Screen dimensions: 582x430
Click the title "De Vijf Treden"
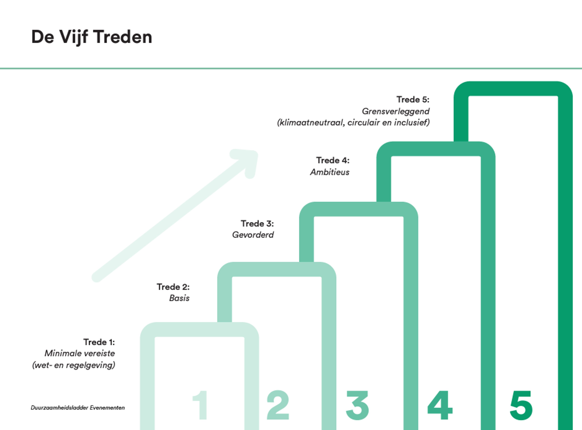(91, 37)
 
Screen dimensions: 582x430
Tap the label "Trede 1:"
(99, 342)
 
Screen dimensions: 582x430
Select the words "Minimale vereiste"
(80, 353)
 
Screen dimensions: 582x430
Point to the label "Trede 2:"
(173, 287)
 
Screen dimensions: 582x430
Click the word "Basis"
(179, 298)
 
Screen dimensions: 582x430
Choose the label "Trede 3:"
(257, 224)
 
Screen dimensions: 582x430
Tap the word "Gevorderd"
(253, 235)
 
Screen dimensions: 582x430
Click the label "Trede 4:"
(333, 160)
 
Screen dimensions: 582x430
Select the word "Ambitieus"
(329, 172)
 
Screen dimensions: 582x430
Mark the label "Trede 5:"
(413, 99)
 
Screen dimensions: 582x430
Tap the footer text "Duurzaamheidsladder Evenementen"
(78, 408)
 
